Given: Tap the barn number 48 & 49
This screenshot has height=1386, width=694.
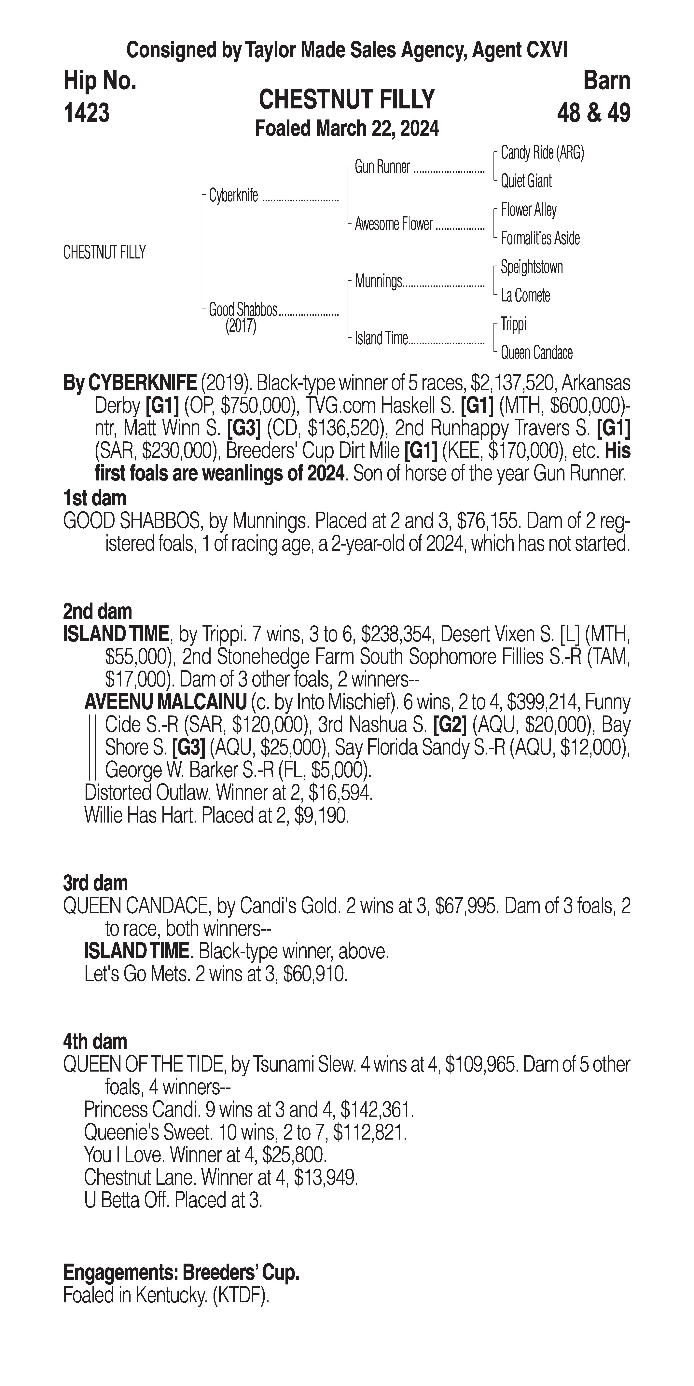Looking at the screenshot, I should pyautogui.click(x=593, y=113).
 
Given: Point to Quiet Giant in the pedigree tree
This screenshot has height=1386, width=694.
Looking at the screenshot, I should pyautogui.click(x=526, y=181).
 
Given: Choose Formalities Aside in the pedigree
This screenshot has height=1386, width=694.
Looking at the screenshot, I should pyautogui.click(x=540, y=238).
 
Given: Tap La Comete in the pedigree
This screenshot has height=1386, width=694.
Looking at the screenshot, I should pyautogui.click(x=525, y=295).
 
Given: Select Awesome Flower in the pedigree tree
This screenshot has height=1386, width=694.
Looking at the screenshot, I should pyautogui.click(x=393, y=224).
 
